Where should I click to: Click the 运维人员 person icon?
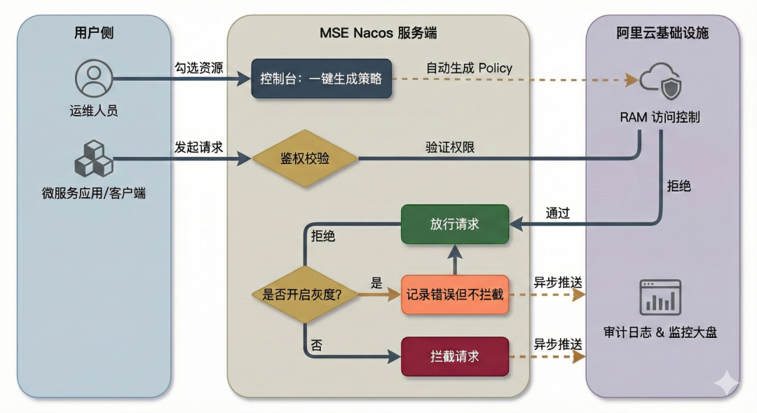pyautogui.click(x=94, y=79)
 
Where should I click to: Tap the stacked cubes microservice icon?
pyautogui.click(x=94, y=159)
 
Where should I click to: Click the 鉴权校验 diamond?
pyautogui.click(x=305, y=159)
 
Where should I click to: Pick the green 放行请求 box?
pyautogui.click(x=454, y=224)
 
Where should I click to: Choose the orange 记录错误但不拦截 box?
pyautogui.click(x=454, y=294)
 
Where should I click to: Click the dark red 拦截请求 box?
pyautogui.click(x=454, y=356)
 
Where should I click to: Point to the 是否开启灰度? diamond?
pyautogui.click(x=305, y=294)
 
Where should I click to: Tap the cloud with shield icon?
pyautogui.click(x=660, y=81)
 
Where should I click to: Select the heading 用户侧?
pyautogui.click(x=94, y=33)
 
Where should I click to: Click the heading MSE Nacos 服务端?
pyautogui.click(x=378, y=33)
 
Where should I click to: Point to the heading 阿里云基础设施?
pyautogui.click(x=662, y=33)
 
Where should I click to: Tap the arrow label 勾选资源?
pyautogui.click(x=199, y=68)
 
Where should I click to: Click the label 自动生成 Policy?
pyautogui.click(x=469, y=68)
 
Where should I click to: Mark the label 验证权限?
pyautogui.click(x=450, y=147)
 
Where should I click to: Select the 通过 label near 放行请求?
pyautogui.click(x=558, y=213)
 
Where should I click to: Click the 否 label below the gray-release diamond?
pyautogui.click(x=317, y=345)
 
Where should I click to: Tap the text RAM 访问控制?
pyautogui.click(x=660, y=117)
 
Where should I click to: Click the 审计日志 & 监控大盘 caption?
pyautogui.click(x=660, y=332)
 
